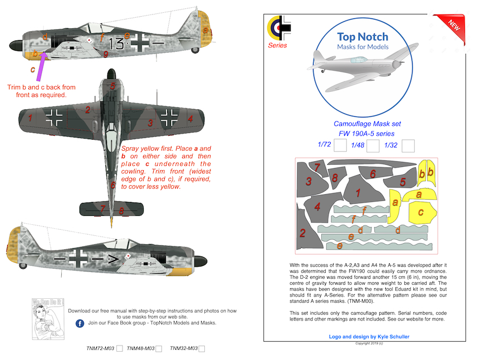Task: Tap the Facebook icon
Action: click(x=80, y=323)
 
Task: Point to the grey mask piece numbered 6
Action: click(x=372, y=174)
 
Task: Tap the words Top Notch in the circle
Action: click(x=363, y=37)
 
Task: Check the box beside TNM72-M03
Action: click(x=119, y=348)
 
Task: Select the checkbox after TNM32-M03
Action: click(x=202, y=348)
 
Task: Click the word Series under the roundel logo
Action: click(x=277, y=46)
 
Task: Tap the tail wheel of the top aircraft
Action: click(x=194, y=50)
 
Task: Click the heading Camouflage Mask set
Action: click(x=366, y=124)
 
